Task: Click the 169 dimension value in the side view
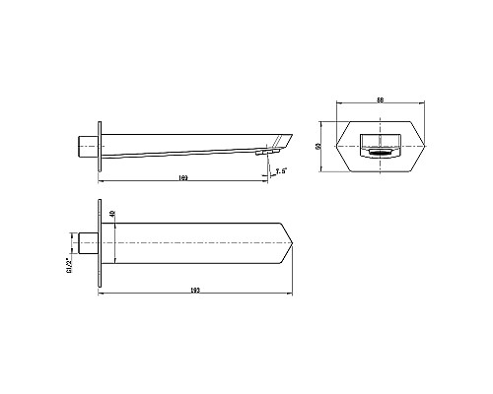(184, 177)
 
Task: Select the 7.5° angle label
(281, 171)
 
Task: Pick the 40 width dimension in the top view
(113, 214)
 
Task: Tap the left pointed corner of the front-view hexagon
(337, 148)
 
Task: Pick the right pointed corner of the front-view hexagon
(425, 148)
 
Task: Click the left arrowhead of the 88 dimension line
(339, 103)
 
